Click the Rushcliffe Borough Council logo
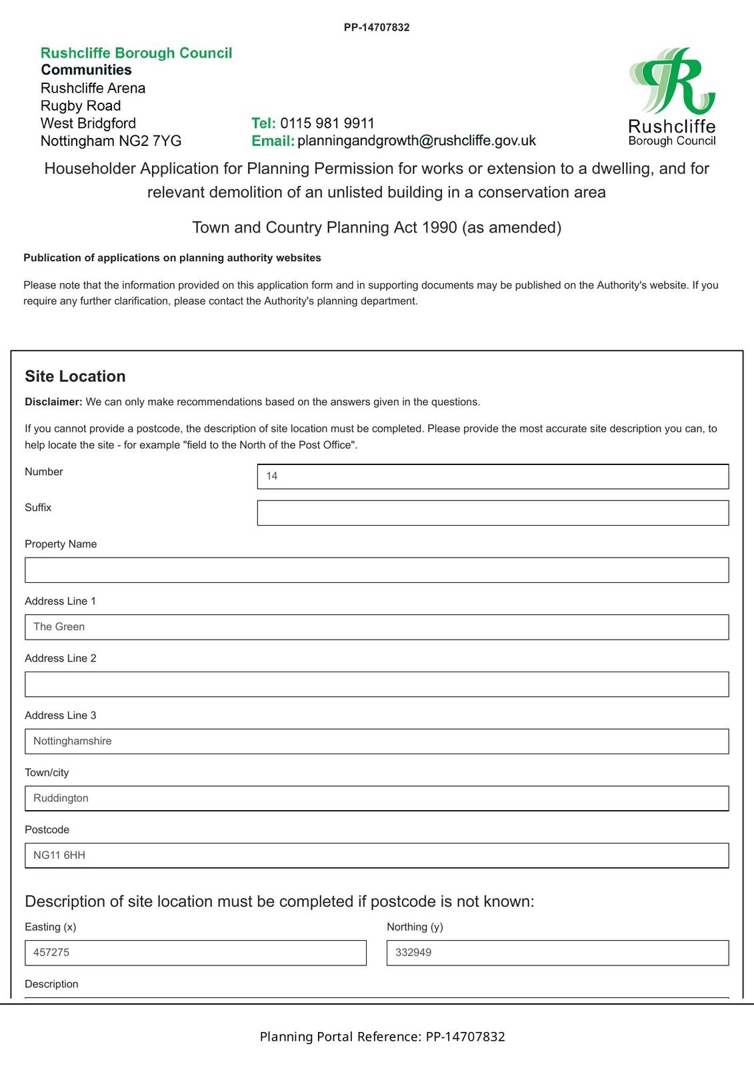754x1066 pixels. [671, 97]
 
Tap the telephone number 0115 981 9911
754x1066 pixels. [327, 123]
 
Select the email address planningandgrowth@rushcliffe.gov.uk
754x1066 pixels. [417, 141]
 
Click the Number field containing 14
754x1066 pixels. [493, 476]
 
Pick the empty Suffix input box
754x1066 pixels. [493, 513]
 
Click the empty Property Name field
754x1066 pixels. [377, 570]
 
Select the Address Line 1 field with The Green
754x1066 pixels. [377, 627]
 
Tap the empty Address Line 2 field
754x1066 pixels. [377, 684]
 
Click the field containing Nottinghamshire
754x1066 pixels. [377, 742]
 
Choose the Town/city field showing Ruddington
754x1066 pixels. [377, 798]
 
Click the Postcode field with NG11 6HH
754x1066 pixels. [377, 855]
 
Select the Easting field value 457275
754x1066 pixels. [195, 953]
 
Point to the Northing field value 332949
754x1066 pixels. [557, 953]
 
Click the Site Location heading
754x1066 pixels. [75, 376]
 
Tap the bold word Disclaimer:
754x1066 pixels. [53, 402]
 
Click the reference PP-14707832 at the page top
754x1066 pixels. [377, 27]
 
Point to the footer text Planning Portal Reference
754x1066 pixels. [341, 1037]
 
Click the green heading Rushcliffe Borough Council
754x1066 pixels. [137, 53]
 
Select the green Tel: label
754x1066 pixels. [263, 123]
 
